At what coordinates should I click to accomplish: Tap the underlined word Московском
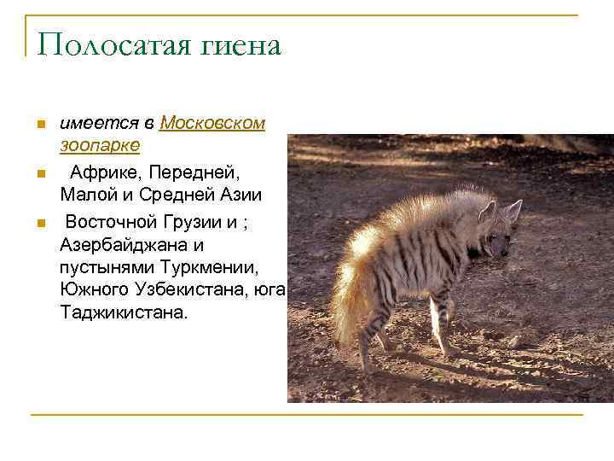point(212,123)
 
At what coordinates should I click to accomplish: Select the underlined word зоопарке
point(100,144)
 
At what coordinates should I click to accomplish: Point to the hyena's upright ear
point(513,208)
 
